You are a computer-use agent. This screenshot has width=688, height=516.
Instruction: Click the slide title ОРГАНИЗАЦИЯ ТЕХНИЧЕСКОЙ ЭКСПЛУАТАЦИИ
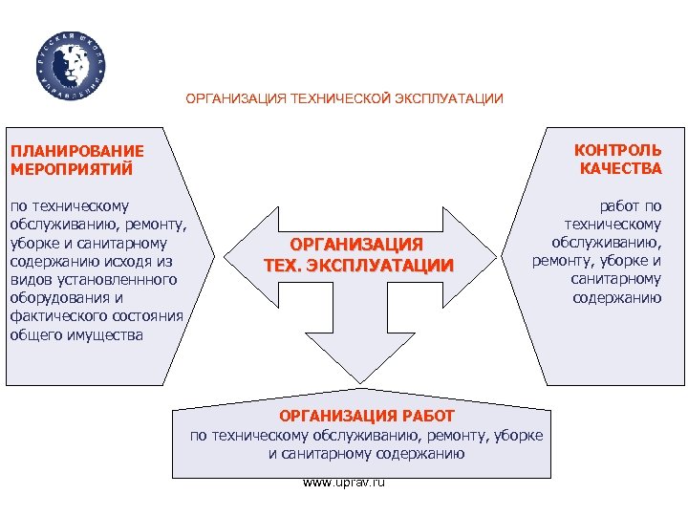344,98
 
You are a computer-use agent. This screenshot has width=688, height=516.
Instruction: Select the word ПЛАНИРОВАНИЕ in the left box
75,151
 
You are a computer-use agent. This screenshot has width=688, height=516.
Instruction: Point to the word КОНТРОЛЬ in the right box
617,150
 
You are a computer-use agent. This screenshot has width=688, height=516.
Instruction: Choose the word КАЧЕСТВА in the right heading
620,168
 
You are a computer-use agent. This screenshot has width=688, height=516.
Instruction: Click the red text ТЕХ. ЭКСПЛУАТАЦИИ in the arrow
358,265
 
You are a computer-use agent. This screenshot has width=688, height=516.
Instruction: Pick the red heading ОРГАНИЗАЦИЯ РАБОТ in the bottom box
366,418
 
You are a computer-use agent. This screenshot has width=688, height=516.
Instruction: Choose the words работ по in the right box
630,206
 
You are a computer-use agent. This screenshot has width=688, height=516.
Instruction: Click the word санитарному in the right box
616,279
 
